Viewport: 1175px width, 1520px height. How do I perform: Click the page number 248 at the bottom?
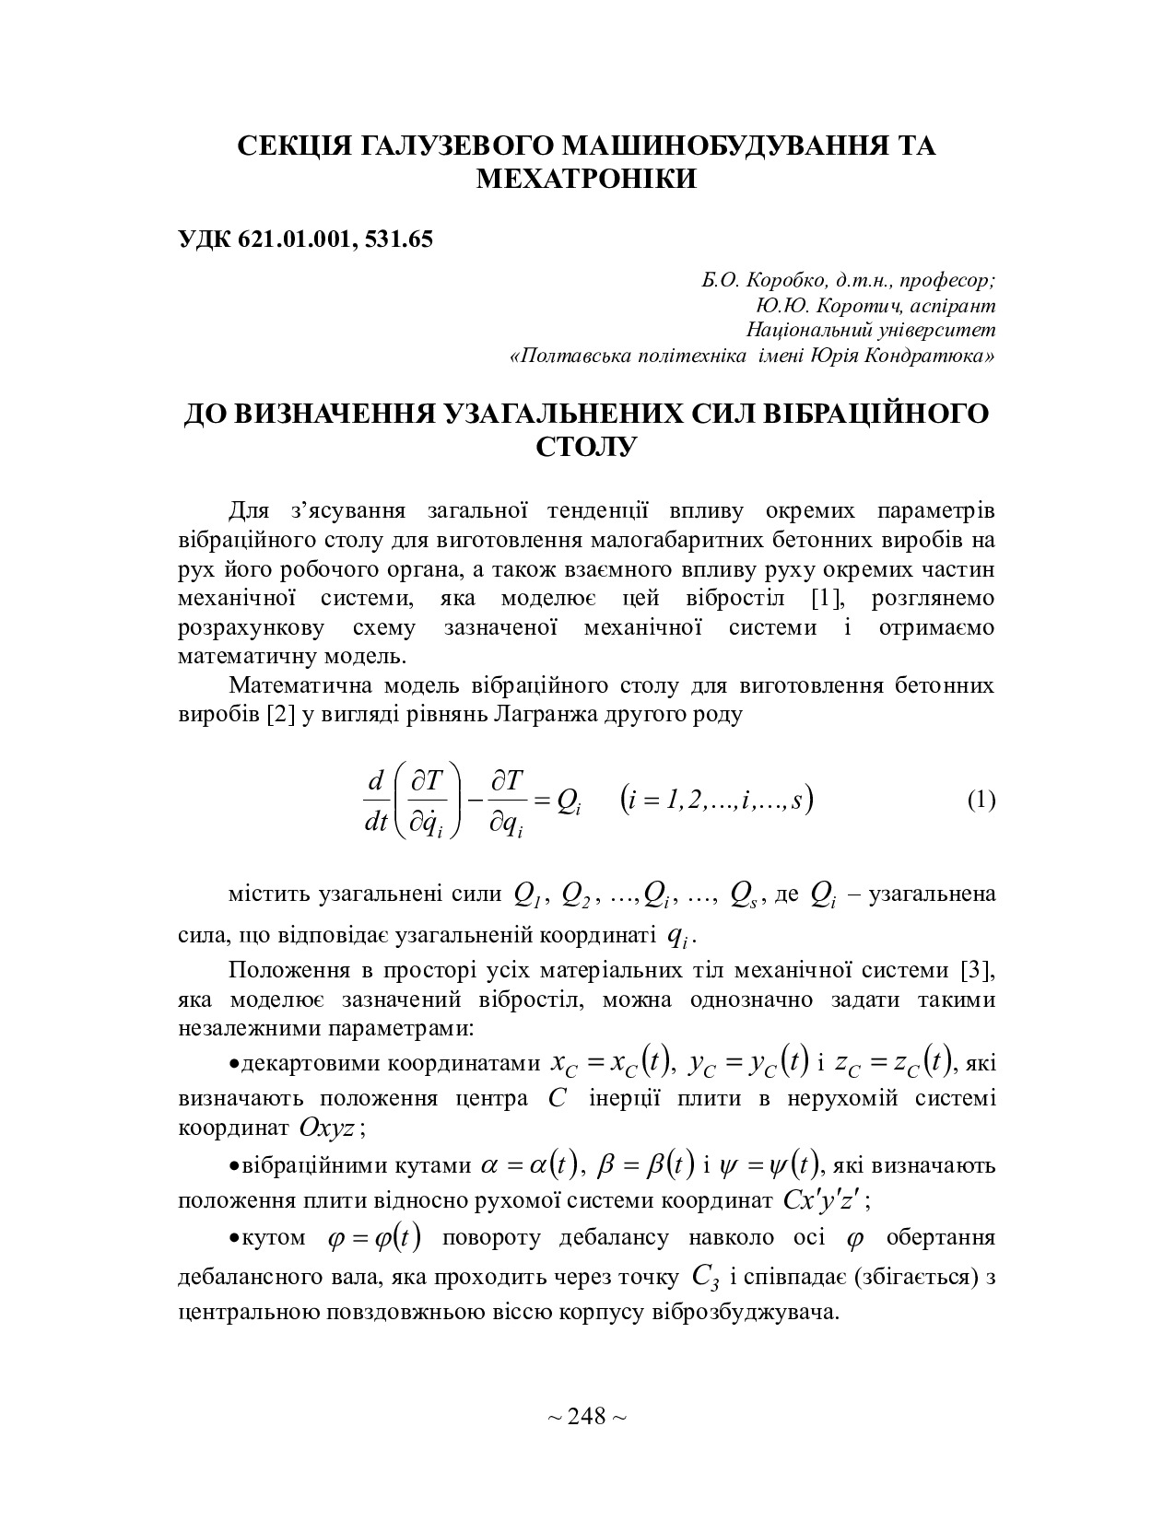[587, 1416]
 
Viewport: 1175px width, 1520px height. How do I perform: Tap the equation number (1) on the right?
[981, 800]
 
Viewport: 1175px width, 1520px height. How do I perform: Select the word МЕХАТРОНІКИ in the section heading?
[586, 179]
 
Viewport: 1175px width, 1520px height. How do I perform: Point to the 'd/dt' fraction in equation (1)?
[376, 801]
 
